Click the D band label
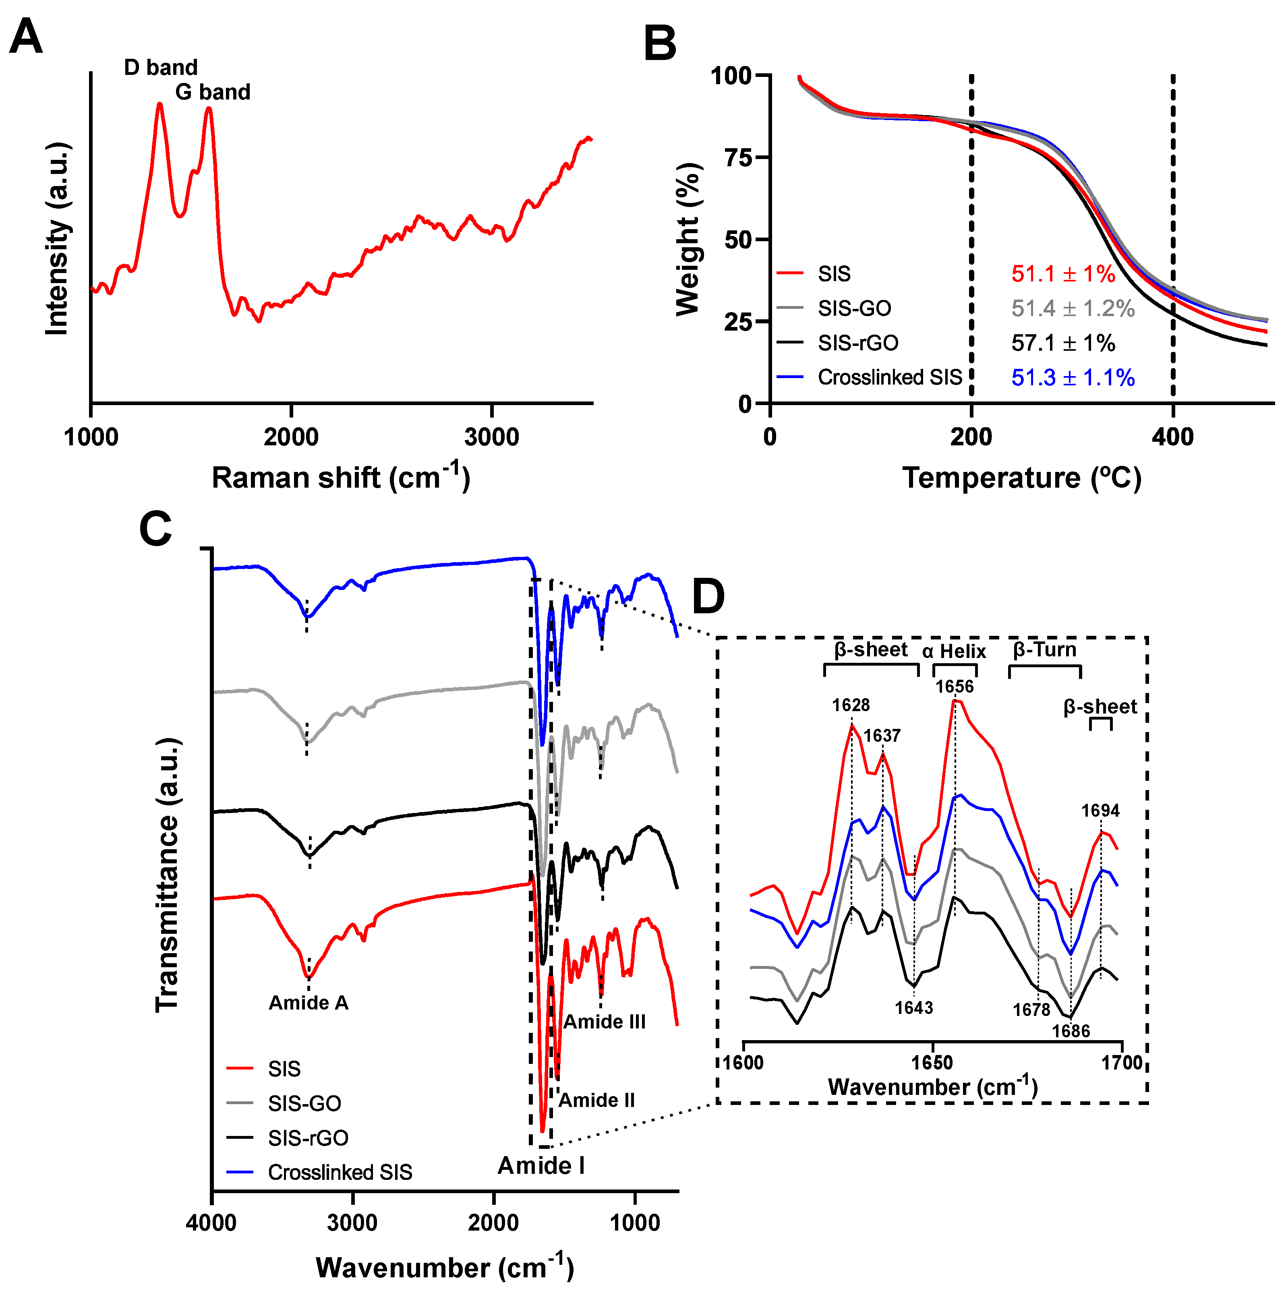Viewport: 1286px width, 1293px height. pos(161,68)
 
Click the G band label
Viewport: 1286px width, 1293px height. pos(213,92)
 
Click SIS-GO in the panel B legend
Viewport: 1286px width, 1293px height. pos(854,308)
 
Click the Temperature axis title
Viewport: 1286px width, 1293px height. pos(1021,478)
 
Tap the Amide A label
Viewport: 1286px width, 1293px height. pos(309,1003)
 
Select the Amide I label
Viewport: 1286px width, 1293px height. pos(541,1165)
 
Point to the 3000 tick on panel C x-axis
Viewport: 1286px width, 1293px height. pos(353,1222)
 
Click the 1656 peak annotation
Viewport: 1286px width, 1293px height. pos(954,687)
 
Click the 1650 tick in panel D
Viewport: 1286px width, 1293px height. pos(932,1063)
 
